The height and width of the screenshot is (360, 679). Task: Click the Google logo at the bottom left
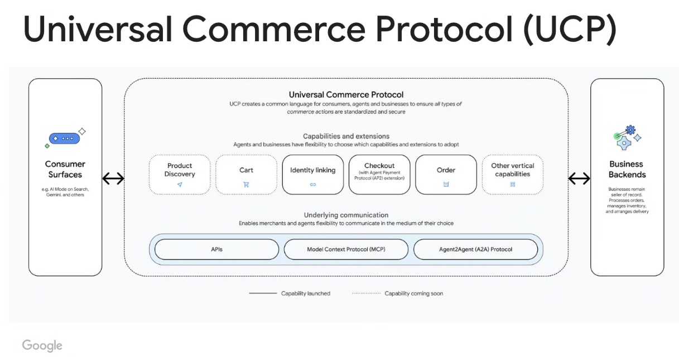click(42, 345)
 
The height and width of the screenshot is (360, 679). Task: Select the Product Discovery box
click(180, 174)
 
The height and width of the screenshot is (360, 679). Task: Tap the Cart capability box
click(246, 174)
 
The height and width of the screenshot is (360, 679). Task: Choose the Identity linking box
click(312, 174)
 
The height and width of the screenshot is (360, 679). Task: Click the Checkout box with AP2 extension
click(379, 174)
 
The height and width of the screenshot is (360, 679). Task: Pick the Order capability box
click(446, 174)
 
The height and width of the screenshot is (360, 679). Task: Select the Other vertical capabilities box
click(512, 174)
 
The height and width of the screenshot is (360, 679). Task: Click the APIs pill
click(216, 249)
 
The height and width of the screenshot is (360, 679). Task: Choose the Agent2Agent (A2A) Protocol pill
click(475, 249)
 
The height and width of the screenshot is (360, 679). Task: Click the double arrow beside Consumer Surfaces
click(113, 179)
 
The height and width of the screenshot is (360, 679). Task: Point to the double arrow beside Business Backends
click(579, 179)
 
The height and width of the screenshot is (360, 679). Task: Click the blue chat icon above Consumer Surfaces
click(65, 138)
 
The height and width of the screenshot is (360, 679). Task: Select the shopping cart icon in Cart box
click(246, 184)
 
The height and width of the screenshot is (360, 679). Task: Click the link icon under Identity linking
click(312, 184)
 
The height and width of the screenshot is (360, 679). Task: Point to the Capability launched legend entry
click(290, 294)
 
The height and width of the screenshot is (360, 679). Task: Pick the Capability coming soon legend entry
click(397, 294)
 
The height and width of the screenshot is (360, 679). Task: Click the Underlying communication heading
click(346, 215)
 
